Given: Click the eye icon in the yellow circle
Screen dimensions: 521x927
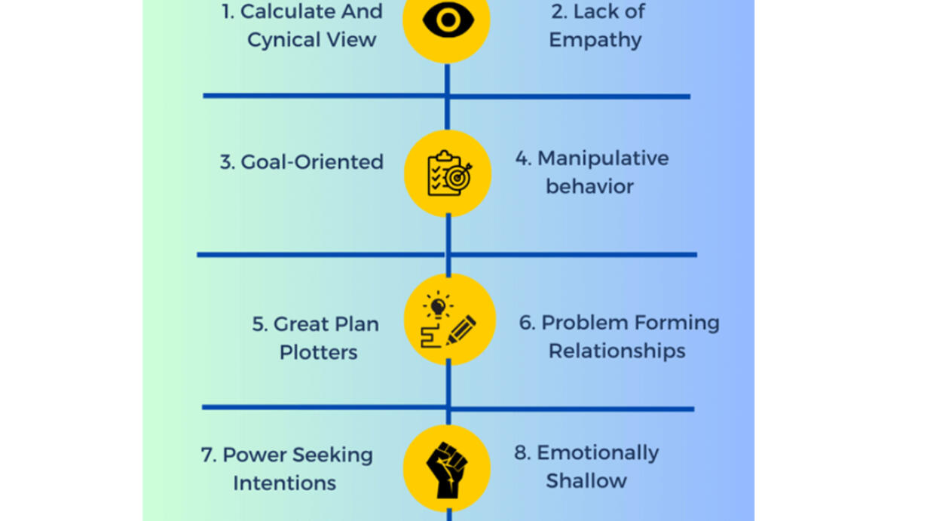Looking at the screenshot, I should tap(447, 20).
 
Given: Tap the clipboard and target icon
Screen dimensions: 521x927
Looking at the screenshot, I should tap(448, 174).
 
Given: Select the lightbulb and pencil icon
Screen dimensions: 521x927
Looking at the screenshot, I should tap(449, 320).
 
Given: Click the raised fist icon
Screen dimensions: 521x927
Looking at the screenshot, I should tap(447, 469).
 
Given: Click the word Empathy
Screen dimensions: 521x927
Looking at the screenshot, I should tap(595, 40).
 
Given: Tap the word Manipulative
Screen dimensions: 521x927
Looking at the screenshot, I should tap(603, 158).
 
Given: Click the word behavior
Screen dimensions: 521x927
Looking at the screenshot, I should tap(589, 186).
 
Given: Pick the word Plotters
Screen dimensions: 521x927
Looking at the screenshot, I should tap(318, 352).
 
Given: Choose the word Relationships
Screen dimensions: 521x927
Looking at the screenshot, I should tap(616, 351).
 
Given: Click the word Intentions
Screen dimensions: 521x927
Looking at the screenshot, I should tap(284, 483).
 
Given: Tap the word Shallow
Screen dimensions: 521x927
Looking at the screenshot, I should tap(586, 480).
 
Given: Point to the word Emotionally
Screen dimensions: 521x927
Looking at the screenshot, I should tap(598, 453).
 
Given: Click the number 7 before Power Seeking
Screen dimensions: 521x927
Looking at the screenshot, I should tap(208, 455).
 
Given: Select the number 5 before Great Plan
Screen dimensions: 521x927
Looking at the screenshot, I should tap(259, 324).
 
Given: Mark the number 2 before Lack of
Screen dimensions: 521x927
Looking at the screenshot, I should tap(558, 12).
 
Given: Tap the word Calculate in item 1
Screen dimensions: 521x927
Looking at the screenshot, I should tap(276, 12).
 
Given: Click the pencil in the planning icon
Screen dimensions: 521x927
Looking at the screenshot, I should tap(461, 330).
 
